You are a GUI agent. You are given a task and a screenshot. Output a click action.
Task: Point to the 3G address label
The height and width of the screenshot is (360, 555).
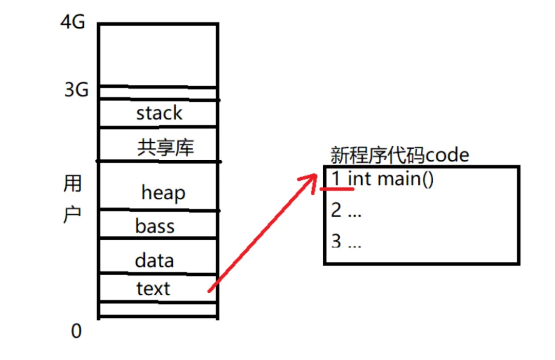pos(76,90)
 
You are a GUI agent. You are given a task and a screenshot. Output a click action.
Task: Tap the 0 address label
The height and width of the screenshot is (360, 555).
pos(76,332)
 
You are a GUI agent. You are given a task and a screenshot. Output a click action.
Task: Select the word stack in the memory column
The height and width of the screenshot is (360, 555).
pos(159,113)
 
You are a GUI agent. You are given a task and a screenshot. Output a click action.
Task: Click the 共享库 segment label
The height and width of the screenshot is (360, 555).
pos(165,148)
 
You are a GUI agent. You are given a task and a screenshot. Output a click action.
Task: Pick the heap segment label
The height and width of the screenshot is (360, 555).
pos(163,193)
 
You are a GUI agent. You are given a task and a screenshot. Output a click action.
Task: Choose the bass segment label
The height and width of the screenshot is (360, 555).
pos(155,226)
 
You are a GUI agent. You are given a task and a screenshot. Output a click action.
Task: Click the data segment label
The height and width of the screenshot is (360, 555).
pos(154,260)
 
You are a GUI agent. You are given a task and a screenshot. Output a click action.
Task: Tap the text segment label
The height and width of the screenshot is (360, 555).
pos(153,289)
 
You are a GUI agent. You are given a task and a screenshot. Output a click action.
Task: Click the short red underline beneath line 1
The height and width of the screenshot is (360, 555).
pos(337,189)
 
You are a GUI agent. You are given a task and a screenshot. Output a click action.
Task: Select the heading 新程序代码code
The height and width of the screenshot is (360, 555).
pos(400,155)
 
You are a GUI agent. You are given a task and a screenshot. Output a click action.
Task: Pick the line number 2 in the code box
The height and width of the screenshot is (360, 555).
pos(336,211)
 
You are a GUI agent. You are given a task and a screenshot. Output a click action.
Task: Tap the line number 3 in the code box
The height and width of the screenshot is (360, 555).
pos(336,241)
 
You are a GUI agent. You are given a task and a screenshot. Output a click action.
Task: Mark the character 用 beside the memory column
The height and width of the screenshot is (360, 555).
pos(72,183)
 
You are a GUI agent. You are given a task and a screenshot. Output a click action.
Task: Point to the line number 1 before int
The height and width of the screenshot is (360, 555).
pos(336,179)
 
